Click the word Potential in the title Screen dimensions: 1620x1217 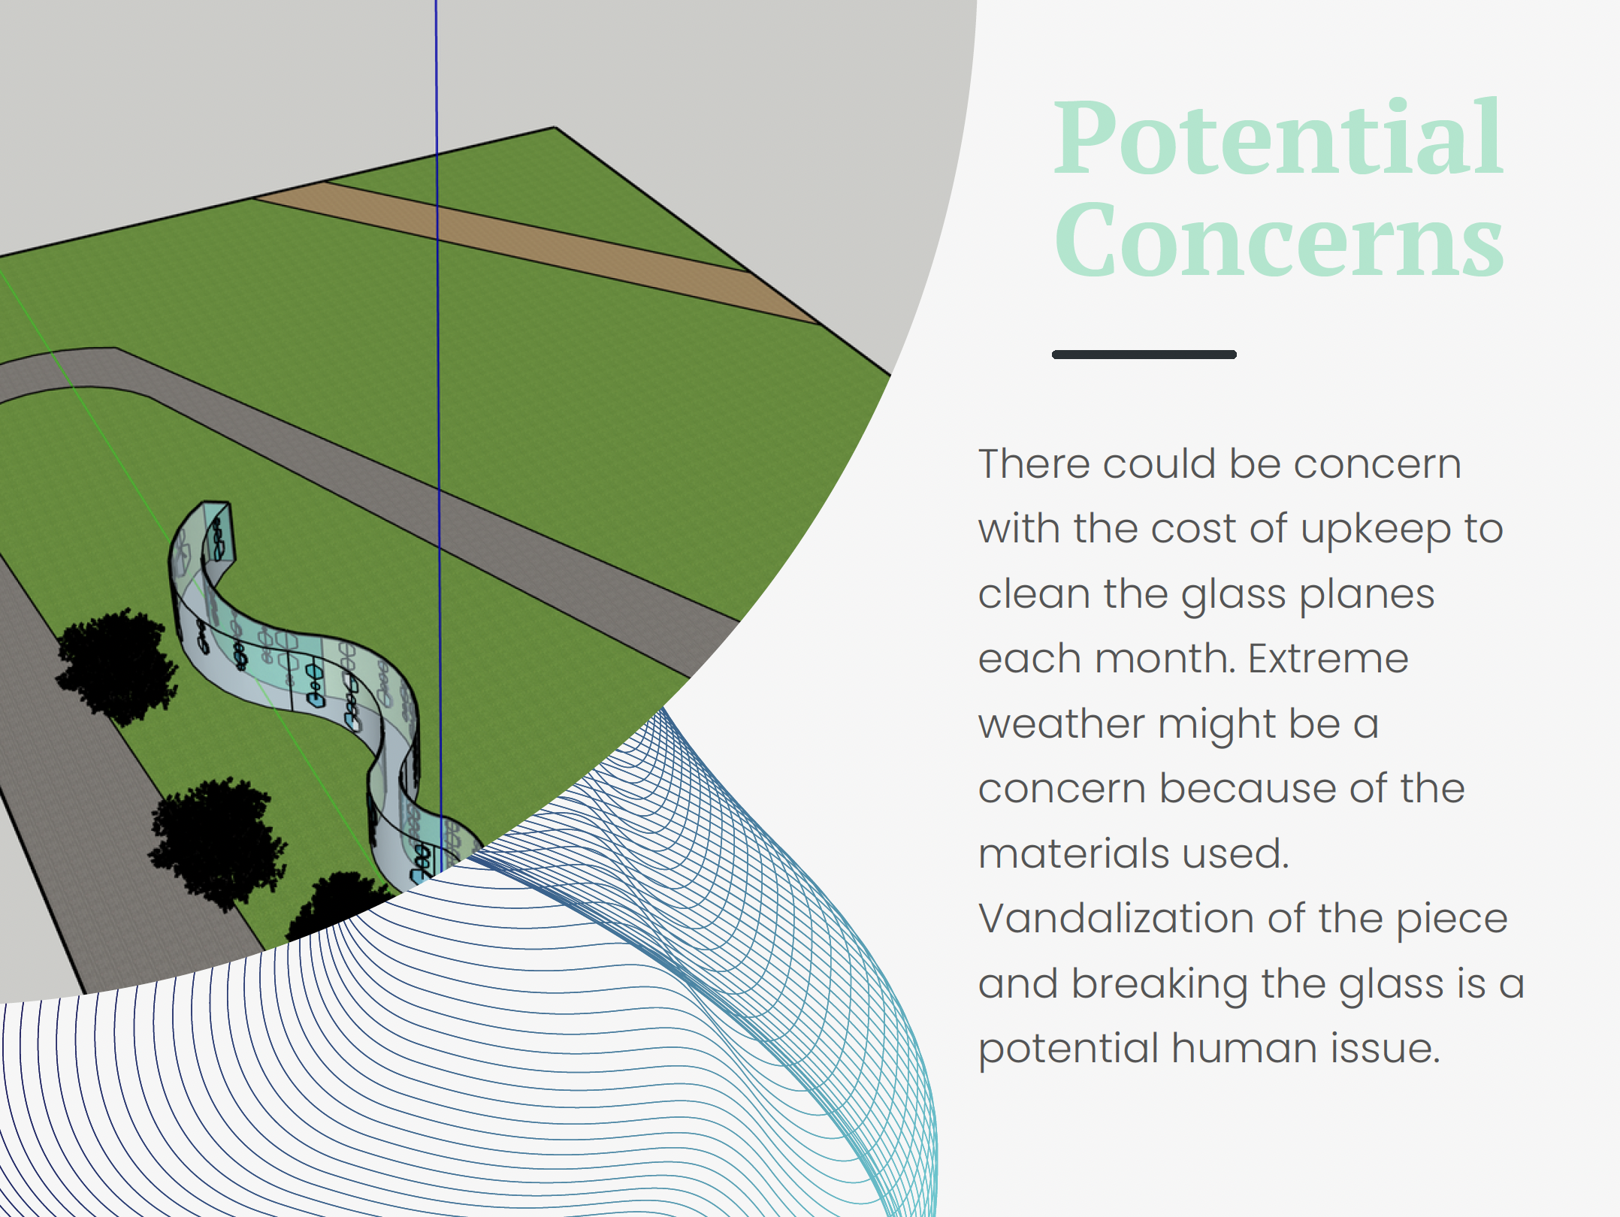point(1277,139)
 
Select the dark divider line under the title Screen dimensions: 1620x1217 point(1144,355)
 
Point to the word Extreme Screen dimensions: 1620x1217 point(1328,659)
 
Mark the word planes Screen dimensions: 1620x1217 point(1367,595)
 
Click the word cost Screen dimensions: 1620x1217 point(1193,529)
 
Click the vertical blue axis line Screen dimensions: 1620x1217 point(437,376)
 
